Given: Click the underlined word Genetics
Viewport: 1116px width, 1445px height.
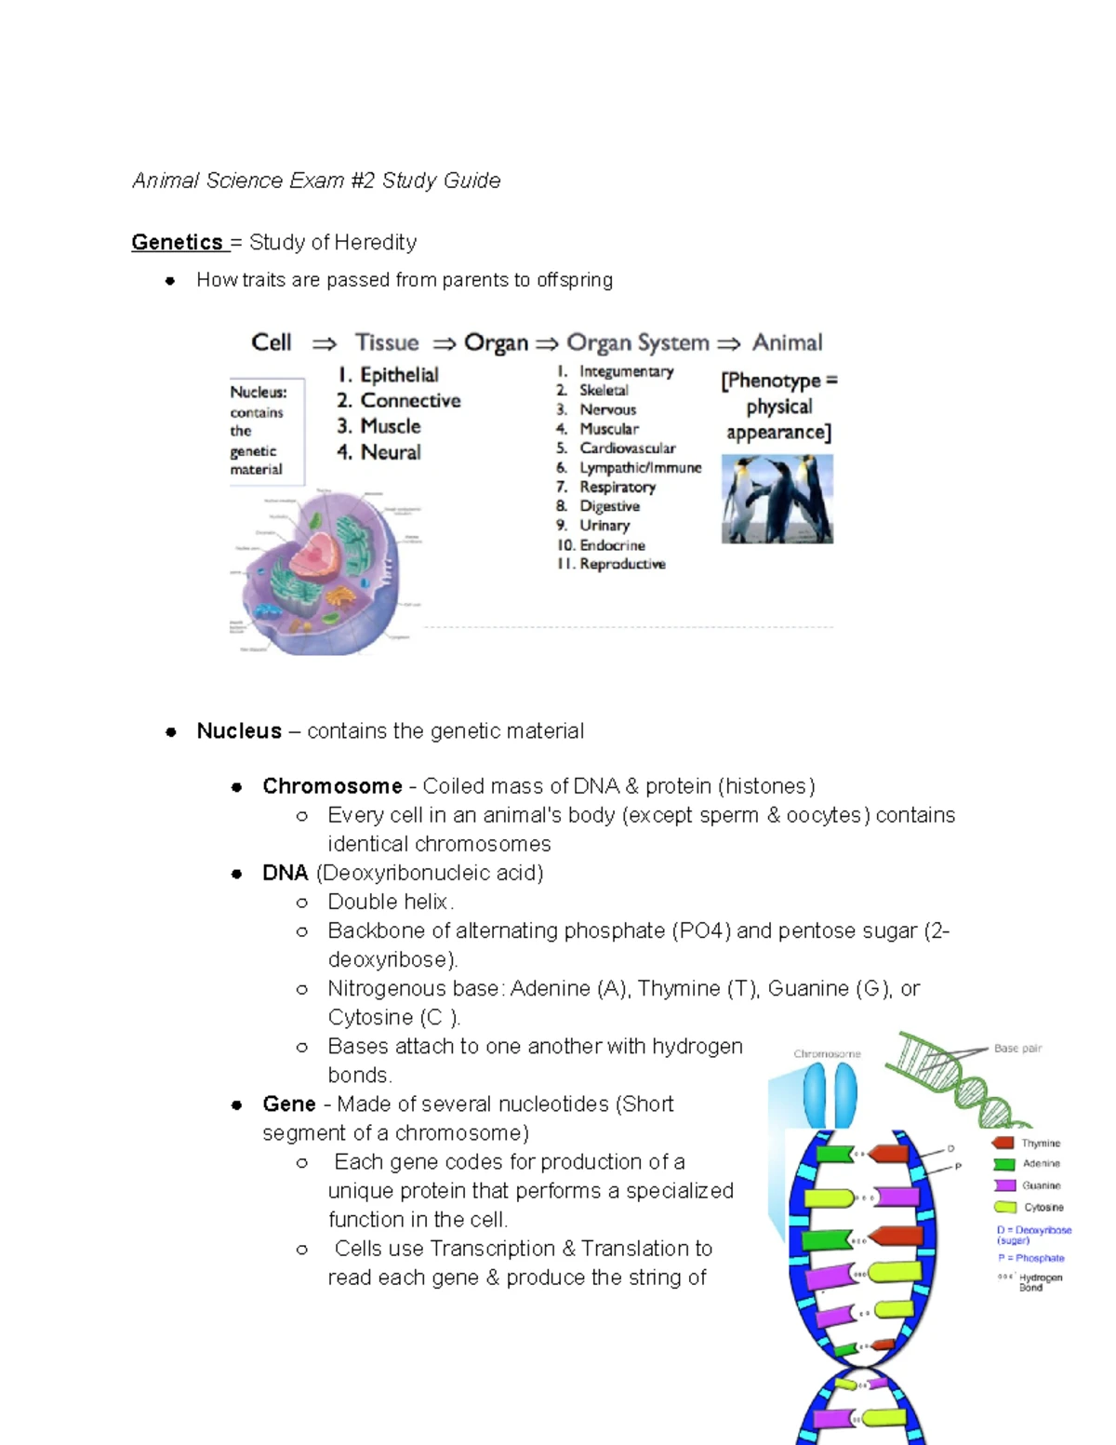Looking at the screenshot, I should (x=177, y=242).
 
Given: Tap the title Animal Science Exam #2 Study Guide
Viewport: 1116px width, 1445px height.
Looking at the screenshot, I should (x=316, y=181).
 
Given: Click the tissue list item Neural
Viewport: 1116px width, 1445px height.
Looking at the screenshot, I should (x=391, y=452).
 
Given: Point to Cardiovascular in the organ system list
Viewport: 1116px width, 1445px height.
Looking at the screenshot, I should (x=627, y=448).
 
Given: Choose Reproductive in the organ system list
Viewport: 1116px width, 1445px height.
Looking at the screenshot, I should (x=622, y=564).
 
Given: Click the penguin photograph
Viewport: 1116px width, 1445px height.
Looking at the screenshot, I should (x=777, y=499).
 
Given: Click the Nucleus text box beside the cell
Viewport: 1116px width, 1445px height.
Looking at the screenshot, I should (x=266, y=431).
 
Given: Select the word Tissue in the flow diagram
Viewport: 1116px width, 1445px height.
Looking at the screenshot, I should (x=387, y=342).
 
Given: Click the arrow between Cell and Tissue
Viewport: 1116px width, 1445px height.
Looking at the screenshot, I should (x=324, y=344).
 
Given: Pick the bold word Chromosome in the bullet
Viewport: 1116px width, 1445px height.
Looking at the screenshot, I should (x=332, y=786).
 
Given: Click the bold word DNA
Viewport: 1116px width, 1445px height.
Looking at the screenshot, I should (x=285, y=873).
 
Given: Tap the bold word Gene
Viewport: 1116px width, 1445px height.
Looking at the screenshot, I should (x=288, y=1104).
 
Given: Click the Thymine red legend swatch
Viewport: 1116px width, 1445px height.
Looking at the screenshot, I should (x=1003, y=1143).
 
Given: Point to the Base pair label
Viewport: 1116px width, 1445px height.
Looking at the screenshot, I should (x=1017, y=1049).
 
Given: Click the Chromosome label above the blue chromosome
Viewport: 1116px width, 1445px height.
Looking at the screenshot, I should (x=827, y=1054).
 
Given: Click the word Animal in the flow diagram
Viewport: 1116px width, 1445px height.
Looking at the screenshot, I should (x=787, y=342).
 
